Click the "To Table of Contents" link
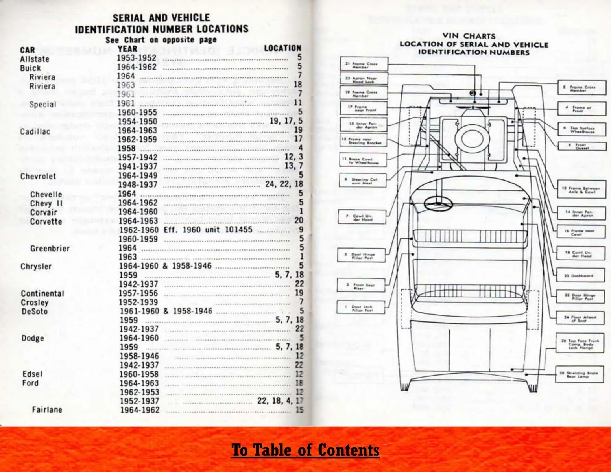(x=305, y=450)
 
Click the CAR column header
(x=28, y=50)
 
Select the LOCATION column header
(x=282, y=48)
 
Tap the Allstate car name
(x=35, y=59)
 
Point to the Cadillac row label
(x=35, y=131)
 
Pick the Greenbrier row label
(x=50, y=249)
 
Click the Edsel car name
(x=32, y=374)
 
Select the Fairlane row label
(x=47, y=410)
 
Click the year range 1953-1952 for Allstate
(x=137, y=58)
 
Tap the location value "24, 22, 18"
(x=284, y=184)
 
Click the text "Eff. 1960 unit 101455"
(x=208, y=230)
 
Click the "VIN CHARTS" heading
(x=468, y=36)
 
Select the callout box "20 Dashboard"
(x=581, y=276)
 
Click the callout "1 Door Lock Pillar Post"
(x=361, y=308)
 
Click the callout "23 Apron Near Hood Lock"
(x=364, y=80)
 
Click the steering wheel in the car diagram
(x=436, y=203)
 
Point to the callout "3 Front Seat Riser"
(x=360, y=286)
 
